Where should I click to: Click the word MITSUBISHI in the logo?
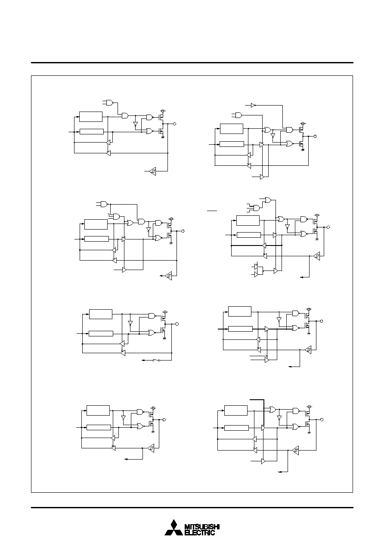pyautogui.click(x=202, y=527)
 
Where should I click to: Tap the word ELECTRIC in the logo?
pyautogui.click(x=200, y=532)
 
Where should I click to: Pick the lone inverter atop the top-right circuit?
pyautogui.click(x=253, y=106)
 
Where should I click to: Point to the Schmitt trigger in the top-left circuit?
pyautogui.click(x=153, y=171)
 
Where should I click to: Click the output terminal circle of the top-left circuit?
pyautogui.click(x=174, y=124)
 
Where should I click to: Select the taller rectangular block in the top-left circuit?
pyautogui.click(x=91, y=117)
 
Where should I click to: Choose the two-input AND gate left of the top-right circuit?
pyautogui.click(x=238, y=115)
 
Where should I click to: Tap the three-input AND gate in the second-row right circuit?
pyautogui.click(x=256, y=208)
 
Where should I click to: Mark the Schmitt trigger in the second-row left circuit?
pyautogui.click(x=168, y=276)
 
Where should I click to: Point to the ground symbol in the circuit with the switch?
pyautogui.click(x=164, y=338)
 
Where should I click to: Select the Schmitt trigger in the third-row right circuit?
pyautogui.click(x=308, y=350)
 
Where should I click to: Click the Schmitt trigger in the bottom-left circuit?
pyautogui.click(x=151, y=448)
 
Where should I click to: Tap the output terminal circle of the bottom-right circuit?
pyautogui.click(x=322, y=420)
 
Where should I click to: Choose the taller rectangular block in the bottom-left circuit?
pyautogui.click(x=98, y=410)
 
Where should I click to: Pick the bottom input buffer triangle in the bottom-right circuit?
pyautogui.click(x=263, y=461)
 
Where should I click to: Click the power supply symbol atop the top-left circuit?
pyautogui.click(x=163, y=111)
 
